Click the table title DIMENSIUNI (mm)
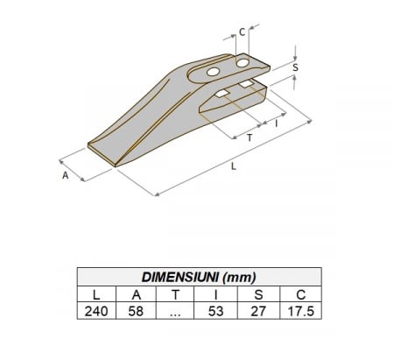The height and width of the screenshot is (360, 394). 199,277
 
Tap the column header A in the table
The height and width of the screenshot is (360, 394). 137,294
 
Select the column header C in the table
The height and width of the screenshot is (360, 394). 300,294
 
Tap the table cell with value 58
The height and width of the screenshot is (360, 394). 137,311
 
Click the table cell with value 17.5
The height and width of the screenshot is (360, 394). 300,311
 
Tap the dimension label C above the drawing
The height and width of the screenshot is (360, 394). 242,32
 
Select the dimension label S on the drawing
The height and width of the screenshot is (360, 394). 295,67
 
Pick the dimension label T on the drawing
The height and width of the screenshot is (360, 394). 251,139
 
